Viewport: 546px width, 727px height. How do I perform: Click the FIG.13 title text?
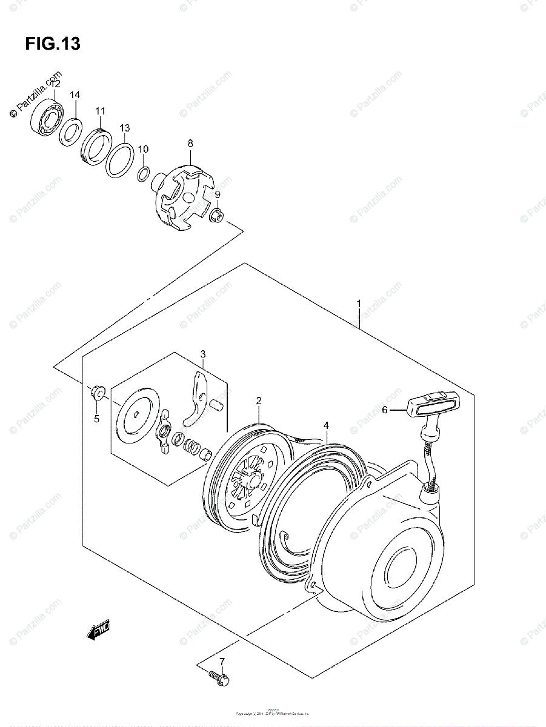(53, 44)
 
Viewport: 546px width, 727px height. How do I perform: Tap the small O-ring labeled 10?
(144, 174)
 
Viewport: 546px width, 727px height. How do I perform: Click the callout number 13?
(124, 128)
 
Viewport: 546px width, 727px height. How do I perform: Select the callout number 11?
(100, 111)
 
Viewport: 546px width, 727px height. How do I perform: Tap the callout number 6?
(384, 410)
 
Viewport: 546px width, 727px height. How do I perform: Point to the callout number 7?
(222, 661)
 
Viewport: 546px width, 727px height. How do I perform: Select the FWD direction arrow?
(98, 632)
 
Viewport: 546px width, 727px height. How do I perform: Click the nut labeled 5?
(97, 393)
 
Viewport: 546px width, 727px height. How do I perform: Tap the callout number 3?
(203, 354)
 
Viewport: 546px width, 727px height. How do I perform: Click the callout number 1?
(359, 303)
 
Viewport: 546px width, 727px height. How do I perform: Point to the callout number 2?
(258, 400)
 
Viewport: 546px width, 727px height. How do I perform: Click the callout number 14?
(75, 95)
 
